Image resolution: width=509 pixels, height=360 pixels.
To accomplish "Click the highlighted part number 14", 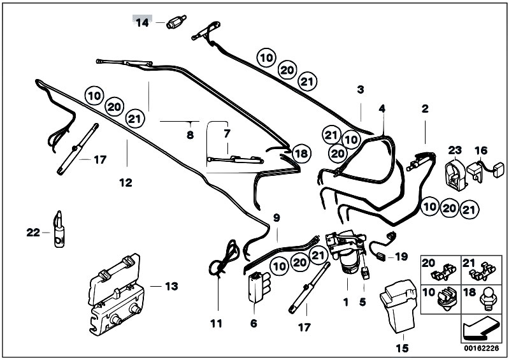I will [x=141, y=22].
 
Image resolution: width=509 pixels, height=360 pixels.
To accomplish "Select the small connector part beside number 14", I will [x=175, y=23].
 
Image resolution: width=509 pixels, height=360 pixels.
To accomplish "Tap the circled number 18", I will [x=301, y=153].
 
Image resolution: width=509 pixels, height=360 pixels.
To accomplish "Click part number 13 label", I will [x=173, y=286].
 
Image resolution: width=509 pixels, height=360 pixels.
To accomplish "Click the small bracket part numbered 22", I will [x=59, y=228].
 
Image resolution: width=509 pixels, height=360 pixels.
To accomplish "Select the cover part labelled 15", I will [x=396, y=308].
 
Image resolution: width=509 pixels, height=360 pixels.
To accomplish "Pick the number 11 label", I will [x=216, y=323].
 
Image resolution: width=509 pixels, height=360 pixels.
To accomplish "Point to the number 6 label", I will [x=253, y=323].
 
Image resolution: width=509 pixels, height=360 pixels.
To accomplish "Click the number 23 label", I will [x=454, y=150].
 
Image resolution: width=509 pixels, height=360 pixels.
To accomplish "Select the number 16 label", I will [x=480, y=150].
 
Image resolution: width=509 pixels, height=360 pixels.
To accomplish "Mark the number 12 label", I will [x=125, y=183].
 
